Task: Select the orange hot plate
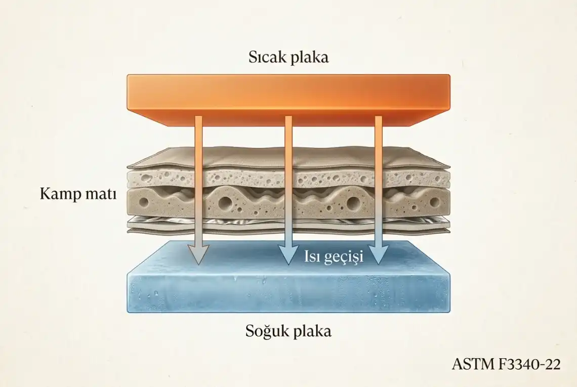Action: pos(288,99)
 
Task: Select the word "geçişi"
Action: pos(344,257)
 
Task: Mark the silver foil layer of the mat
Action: pos(288,221)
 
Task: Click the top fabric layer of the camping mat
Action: pos(288,159)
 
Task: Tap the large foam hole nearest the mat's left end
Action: pos(144,202)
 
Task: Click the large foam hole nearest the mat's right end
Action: pos(435,202)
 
